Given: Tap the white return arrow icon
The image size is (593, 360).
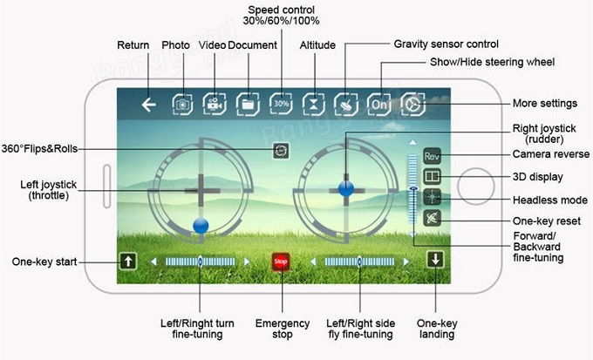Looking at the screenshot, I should click(149, 105).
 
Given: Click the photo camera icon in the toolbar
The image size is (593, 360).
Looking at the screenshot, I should click(182, 105).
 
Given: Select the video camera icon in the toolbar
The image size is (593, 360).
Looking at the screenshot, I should click(214, 105).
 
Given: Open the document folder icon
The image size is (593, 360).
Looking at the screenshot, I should click(248, 105).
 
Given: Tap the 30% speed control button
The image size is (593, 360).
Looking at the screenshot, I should click(281, 105).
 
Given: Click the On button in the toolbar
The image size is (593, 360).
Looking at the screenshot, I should click(378, 105).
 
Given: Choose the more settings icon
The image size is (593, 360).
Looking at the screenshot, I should click(412, 105).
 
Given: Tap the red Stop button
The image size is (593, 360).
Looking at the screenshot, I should click(280, 261).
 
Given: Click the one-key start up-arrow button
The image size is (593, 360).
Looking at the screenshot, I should click(127, 261).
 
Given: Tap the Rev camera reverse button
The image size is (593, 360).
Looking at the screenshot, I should click(432, 156).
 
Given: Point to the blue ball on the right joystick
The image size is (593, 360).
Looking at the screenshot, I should click(345, 186).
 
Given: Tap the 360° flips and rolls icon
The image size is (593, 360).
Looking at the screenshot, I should click(279, 150).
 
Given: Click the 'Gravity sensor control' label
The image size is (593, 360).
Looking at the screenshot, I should click(446, 43).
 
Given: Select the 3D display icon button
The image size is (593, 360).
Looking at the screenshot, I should click(432, 176).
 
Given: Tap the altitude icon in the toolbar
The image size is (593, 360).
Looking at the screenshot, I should click(314, 105).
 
